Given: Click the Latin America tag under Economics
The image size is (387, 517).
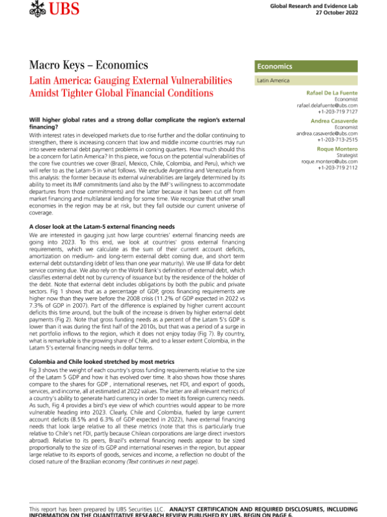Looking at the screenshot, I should (273, 81).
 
